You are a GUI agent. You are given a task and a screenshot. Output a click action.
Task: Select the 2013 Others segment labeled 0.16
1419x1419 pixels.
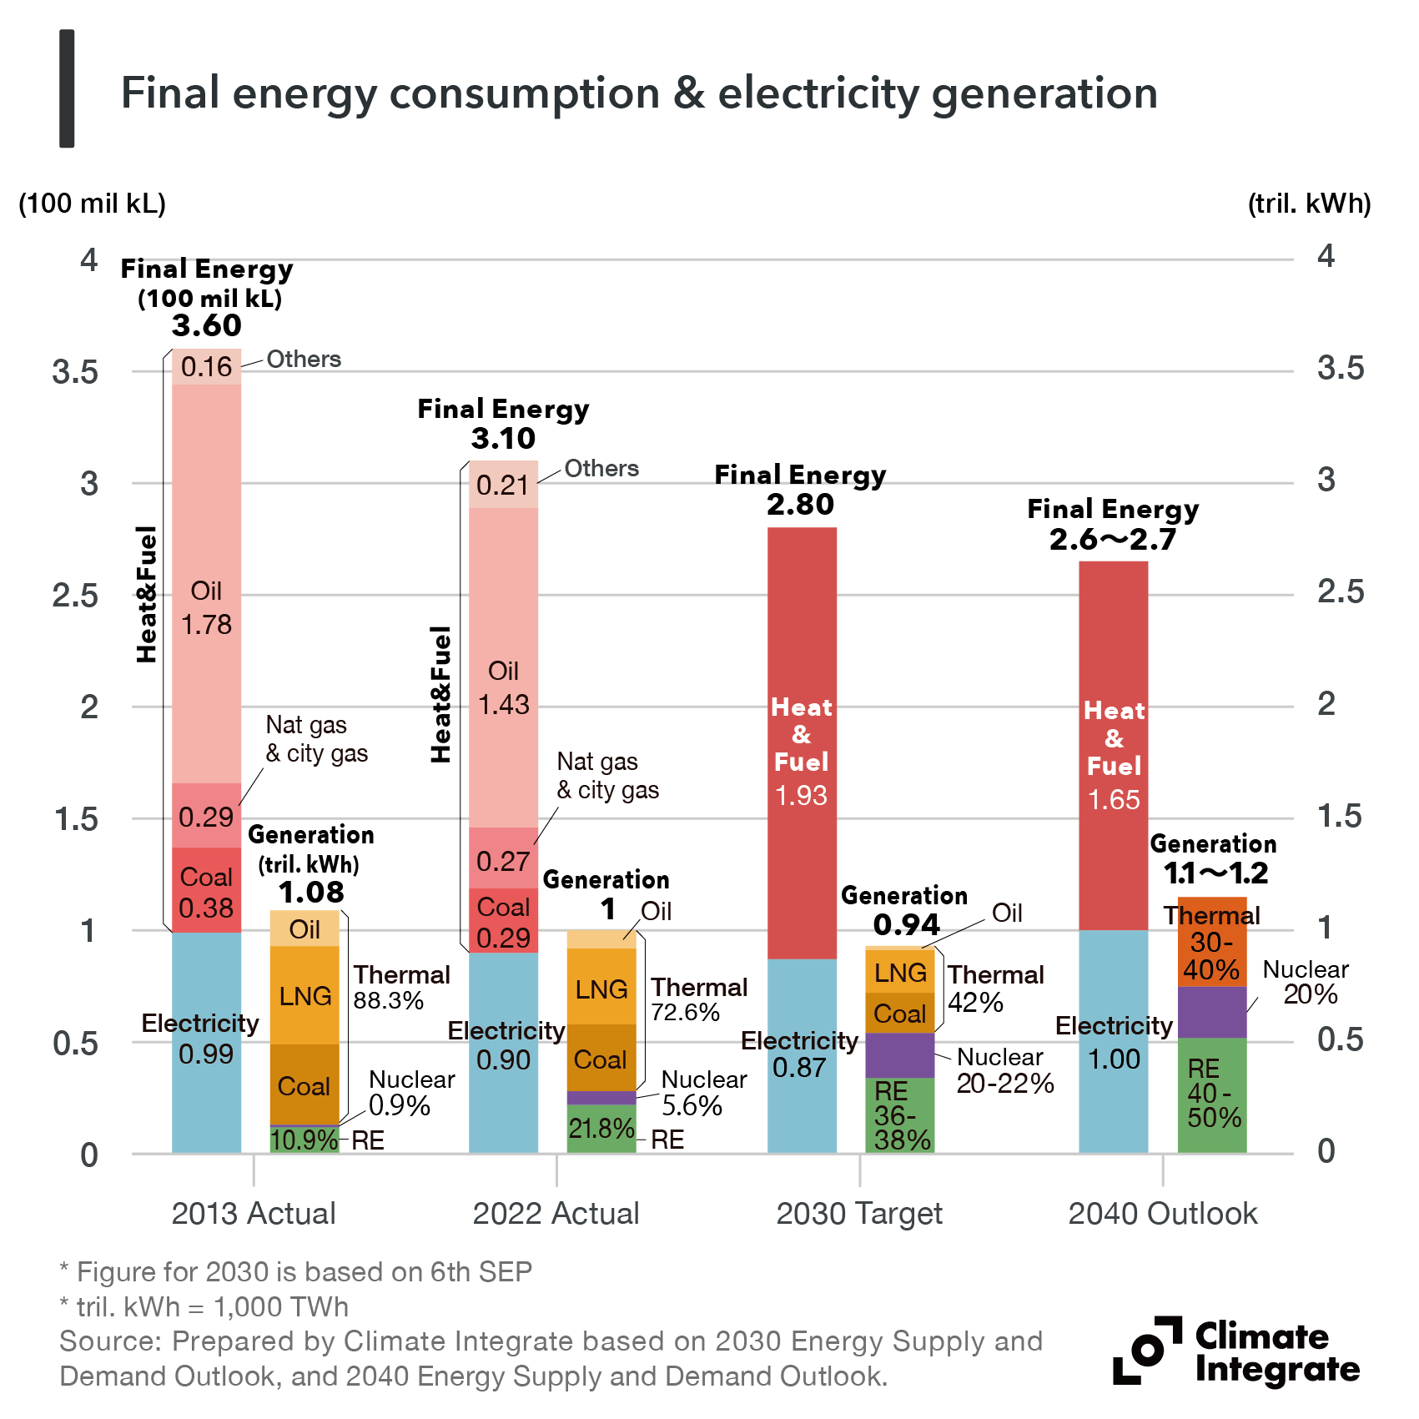[x=206, y=367]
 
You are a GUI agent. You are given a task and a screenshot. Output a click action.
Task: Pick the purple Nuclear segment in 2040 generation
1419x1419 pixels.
[x=1211, y=1012]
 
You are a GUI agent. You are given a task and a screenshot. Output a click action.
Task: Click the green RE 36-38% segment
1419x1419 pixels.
[x=899, y=1115]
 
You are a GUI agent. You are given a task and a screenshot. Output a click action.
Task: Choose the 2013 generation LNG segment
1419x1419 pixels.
[x=304, y=995]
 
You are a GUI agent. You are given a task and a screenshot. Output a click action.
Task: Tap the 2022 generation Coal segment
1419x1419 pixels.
[x=601, y=1058]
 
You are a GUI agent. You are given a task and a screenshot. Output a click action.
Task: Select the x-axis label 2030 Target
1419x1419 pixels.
[x=859, y=1213]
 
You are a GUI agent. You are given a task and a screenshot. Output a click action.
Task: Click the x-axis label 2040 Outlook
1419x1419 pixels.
[x=1162, y=1213]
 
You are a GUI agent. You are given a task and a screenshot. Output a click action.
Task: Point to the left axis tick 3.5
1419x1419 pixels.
[x=75, y=372]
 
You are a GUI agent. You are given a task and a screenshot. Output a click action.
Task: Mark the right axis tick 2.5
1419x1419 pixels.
[x=1341, y=591]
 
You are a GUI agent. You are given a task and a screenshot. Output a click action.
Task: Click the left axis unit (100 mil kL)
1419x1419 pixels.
[x=92, y=204]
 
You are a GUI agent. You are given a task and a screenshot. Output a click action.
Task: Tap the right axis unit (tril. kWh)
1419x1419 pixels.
[x=1309, y=204]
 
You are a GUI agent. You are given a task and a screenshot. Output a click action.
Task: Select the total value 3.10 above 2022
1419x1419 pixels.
[x=503, y=438]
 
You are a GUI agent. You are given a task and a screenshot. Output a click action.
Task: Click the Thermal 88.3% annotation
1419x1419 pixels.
[x=401, y=988]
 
